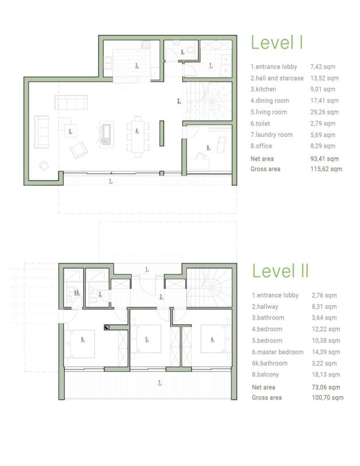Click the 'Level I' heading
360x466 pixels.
277,43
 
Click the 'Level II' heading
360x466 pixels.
280,271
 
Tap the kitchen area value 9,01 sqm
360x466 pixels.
323,90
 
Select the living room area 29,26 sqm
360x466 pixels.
324,112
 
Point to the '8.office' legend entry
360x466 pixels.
261,146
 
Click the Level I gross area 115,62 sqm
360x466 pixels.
326,169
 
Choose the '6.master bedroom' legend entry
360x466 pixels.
278,352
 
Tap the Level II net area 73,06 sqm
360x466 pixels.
326,387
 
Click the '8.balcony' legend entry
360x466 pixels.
265,375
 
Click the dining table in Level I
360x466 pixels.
137,135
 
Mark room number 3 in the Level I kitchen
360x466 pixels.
137,66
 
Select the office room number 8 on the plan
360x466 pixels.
208,147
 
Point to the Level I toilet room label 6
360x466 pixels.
182,52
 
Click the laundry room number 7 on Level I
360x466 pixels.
210,66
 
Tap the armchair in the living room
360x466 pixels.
79,150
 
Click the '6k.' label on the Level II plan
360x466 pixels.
77,292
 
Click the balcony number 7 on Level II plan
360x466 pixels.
160,383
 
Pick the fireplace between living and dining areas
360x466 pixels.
107,133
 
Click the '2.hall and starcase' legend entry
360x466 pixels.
277,78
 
